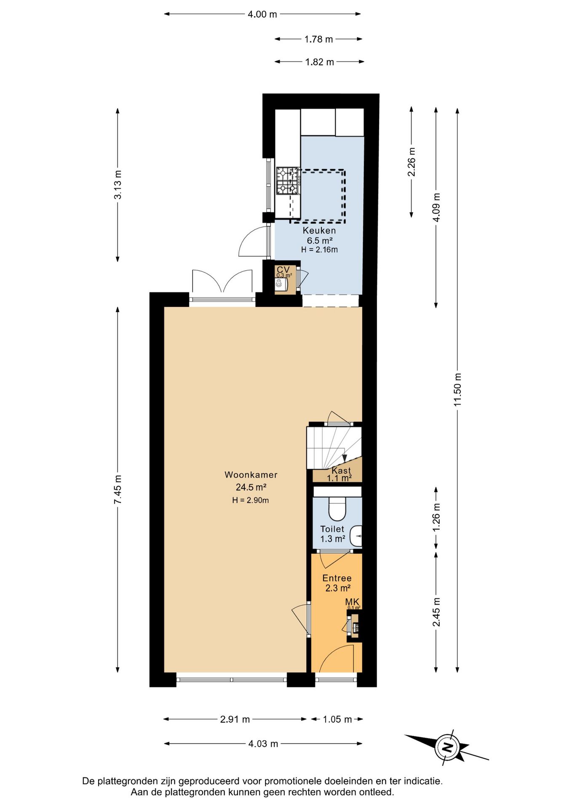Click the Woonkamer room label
tap(251, 475)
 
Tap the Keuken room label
tap(319, 231)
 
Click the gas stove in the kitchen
tap(288, 181)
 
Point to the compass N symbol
tap(447, 748)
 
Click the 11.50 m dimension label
tap(458, 389)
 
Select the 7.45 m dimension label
tap(118, 489)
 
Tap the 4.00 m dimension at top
tap(262, 14)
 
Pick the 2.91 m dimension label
tap(235, 719)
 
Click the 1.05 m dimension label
tap(337, 719)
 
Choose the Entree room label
tap(337, 578)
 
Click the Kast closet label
tap(341, 470)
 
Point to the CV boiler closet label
tap(283, 269)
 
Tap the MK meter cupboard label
tap(352, 602)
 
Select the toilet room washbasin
tap(356, 536)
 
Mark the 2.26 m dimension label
tap(412, 162)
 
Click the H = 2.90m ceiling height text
tap(251, 500)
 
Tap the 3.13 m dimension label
tap(118, 185)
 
